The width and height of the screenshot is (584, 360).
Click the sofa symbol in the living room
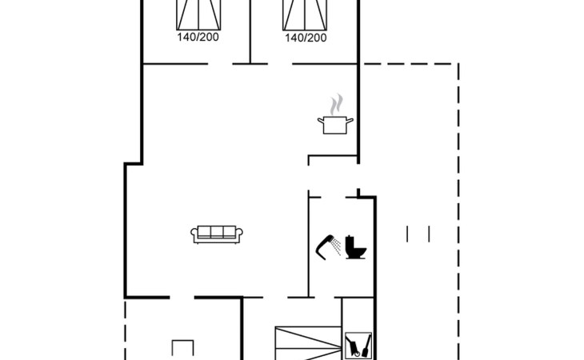[x=217, y=234]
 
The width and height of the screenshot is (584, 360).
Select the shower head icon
[x=325, y=247]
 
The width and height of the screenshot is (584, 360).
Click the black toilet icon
[x=355, y=247]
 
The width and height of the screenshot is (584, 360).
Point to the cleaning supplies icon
[x=358, y=346]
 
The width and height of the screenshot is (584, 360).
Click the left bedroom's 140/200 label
[x=198, y=38]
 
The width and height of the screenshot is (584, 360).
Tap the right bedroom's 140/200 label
[x=306, y=38]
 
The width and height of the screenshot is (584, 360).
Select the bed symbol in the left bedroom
[x=198, y=15]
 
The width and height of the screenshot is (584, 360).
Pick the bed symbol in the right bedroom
[x=305, y=15]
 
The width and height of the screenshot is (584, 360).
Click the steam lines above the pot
[x=335, y=104]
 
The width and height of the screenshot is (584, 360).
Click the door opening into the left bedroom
[x=220, y=64]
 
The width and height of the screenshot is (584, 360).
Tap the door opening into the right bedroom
[x=280, y=64]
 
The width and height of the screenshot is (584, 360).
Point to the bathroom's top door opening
[x=333, y=197]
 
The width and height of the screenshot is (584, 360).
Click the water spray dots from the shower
[x=336, y=246]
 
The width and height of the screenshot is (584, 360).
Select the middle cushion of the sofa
[x=217, y=231]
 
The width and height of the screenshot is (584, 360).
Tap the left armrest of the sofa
[x=194, y=235]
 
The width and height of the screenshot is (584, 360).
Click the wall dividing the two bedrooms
[x=250, y=32]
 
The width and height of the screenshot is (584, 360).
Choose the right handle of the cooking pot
[x=350, y=121]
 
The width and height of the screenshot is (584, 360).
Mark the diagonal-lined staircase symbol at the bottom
[x=308, y=343]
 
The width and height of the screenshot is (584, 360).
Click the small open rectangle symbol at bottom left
[x=183, y=348]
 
